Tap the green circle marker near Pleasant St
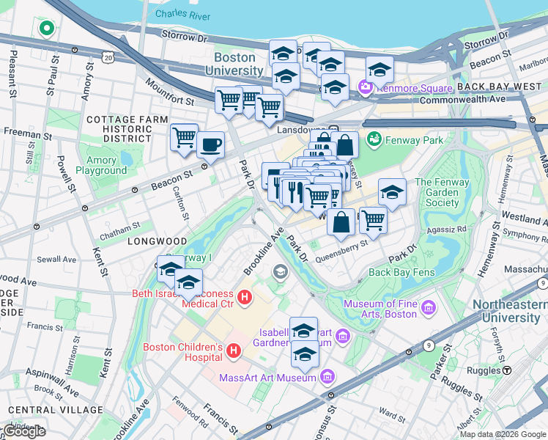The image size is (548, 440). pos(46,29)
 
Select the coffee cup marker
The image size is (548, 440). pos(211,145)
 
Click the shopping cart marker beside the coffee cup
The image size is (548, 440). pos(184,136)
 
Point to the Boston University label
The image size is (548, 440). pos(234,64)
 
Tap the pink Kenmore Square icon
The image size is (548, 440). pos(365,89)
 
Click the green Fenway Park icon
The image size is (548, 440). pos(374,138)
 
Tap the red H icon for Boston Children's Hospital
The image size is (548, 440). pos(234,352)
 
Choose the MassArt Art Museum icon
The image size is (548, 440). pos(327,378)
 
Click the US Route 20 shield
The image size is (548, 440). pos(109,56)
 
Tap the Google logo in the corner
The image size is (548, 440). pos(24,431)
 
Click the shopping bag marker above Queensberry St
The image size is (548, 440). pos(341,223)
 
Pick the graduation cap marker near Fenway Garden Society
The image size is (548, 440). pos(392,193)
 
